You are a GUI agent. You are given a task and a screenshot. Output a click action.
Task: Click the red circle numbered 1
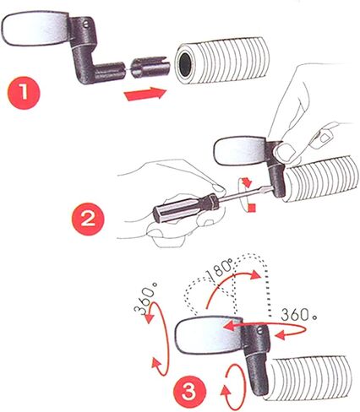point(24,93)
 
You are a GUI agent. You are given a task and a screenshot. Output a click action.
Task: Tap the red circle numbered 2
point(89,219)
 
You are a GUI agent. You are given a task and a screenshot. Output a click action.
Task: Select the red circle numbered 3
point(189,392)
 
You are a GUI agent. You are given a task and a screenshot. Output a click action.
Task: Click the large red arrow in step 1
point(145,94)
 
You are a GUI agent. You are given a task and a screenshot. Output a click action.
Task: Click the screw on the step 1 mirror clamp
point(86,25)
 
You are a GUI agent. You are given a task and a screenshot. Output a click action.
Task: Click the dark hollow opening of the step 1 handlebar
point(185,65)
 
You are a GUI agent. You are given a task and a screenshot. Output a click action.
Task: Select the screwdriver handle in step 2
point(186,207)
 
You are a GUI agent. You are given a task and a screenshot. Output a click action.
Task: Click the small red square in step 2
point(253,208)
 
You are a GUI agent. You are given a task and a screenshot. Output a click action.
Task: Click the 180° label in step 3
point(220,268)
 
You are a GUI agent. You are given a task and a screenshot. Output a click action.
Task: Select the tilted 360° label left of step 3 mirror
point(145,297)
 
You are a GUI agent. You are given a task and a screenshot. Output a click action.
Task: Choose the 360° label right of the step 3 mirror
point(299,314)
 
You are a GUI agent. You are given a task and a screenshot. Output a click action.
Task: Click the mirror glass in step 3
point(209,334)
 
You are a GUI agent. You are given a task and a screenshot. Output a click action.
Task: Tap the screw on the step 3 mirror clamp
point(260,331)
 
